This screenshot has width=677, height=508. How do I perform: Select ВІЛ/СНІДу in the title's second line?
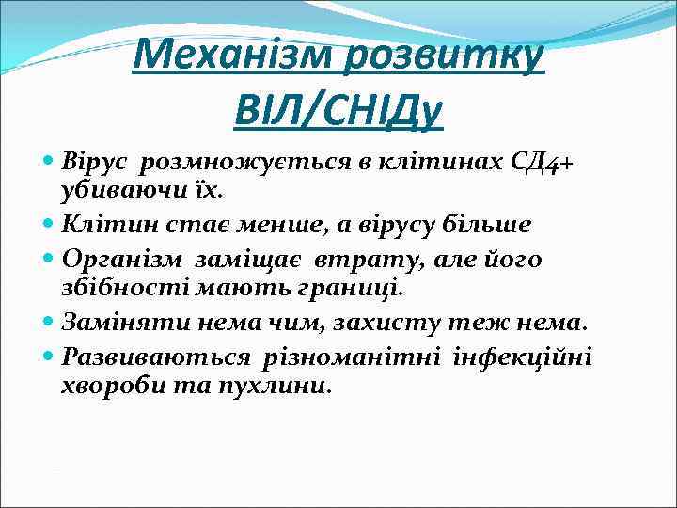point(338,112)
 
